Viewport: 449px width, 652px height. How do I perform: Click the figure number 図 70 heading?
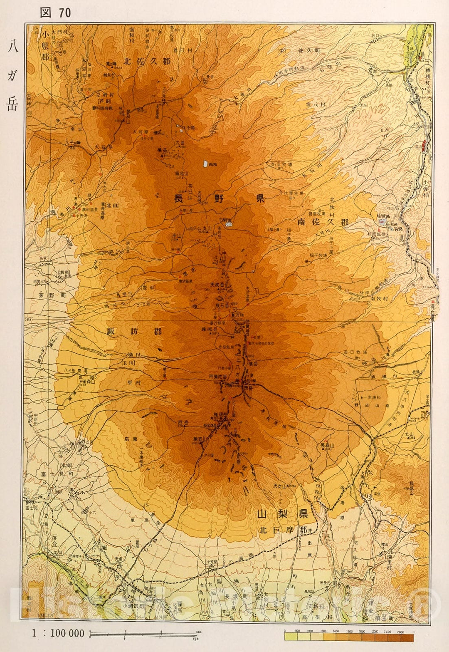[55, 12]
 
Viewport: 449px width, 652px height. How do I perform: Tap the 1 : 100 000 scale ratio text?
[58, 633]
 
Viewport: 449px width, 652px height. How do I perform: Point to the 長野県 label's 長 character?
[179, 198]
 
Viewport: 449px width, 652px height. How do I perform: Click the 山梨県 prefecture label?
[282, 513]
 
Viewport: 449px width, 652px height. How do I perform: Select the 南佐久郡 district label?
[323, 222]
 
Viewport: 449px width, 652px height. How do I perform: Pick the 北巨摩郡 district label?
[283, 530]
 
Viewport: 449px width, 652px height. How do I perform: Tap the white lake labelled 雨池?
[205, 164]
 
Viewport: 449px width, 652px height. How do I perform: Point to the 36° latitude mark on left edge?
[28, 319]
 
